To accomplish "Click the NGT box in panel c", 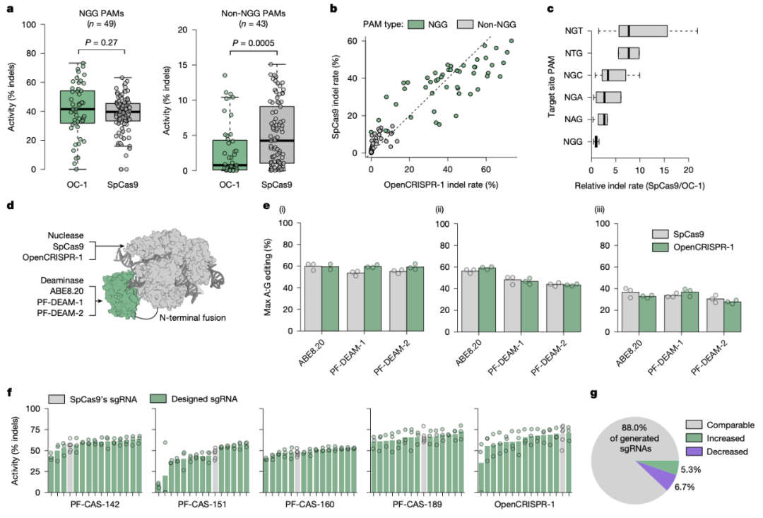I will (643, 30).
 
